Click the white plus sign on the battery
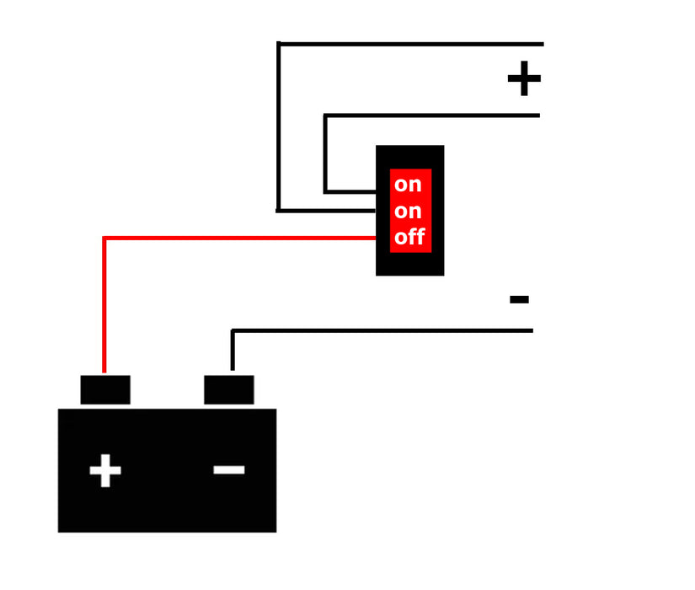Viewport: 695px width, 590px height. click(x=105, y=470)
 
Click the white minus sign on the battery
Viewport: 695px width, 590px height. click(x=228, y=469)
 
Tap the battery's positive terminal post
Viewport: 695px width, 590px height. click(x=105, y=389)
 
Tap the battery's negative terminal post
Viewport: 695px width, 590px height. click(x=228, y=389)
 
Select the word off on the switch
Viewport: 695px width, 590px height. click(x=410, y=237)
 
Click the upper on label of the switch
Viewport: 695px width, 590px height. click(x=408, y=185)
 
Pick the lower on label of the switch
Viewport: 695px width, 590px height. click(x=408, y=212)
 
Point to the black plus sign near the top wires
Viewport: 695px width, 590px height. click(x=524, y=78)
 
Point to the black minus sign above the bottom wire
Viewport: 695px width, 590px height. click(x=519, y=299)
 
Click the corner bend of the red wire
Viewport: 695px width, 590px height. click(x=104, y=239)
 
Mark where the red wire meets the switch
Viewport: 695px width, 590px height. click(x=376, y=239)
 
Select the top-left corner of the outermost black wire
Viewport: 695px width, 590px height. click(x=278, y=44)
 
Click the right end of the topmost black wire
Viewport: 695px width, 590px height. click(x=543, y=44)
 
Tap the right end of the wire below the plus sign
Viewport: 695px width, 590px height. click(x=538, y=115)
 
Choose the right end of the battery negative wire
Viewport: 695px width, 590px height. click(x=532, y=330)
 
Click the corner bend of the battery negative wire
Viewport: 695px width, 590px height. click(x=233, y=330)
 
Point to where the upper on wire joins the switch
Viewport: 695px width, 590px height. click(x=376, y=191)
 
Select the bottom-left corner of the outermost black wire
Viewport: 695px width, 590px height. click(x=278, y=211)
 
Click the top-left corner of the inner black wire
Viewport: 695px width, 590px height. click(x=325, y=115)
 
